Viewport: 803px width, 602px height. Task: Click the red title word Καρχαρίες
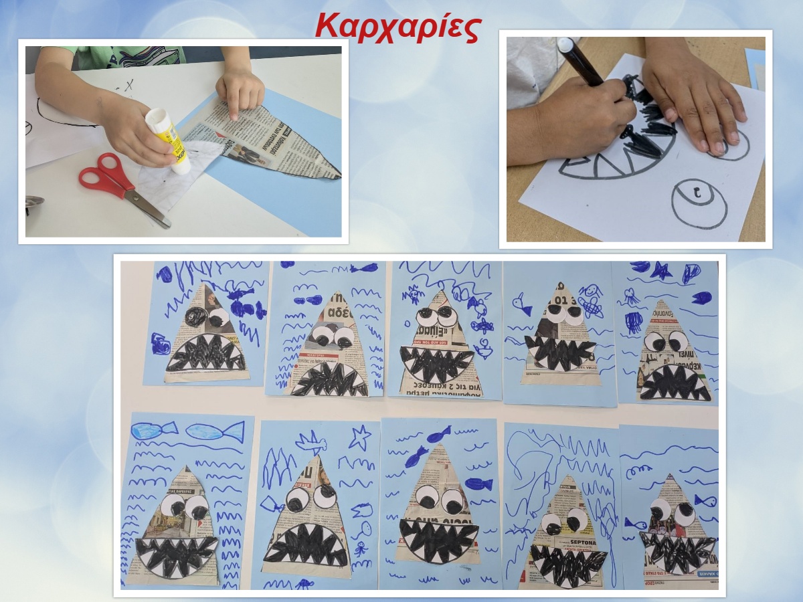coord(397,27)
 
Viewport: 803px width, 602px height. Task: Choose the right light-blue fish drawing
coord(214,431)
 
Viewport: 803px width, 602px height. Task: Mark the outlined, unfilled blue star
coord(359,437)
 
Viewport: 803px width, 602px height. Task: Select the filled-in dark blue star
coord(661,271)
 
